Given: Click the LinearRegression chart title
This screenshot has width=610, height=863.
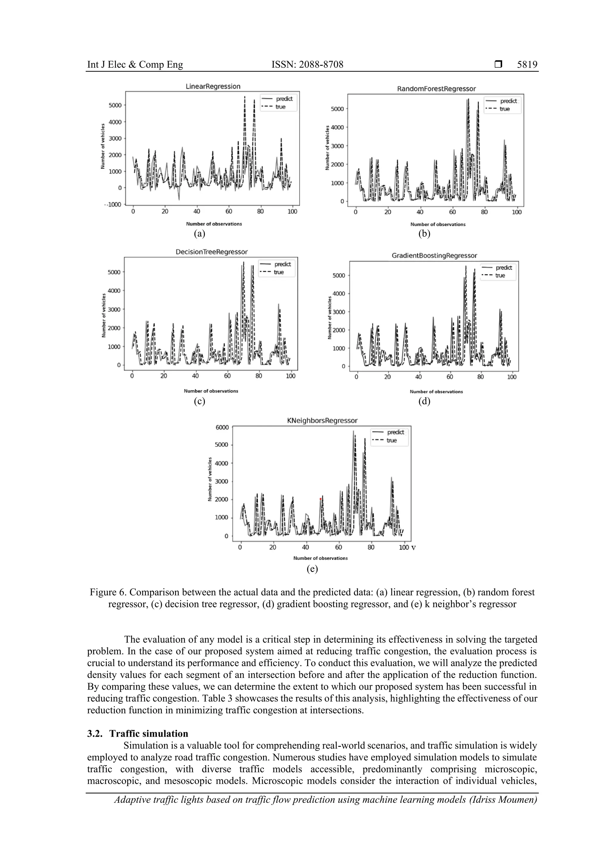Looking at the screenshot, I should point(213,86).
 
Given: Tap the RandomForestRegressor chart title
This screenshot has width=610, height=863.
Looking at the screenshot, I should point(436,89).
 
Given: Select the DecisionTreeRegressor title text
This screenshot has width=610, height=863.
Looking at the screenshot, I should point(211,252).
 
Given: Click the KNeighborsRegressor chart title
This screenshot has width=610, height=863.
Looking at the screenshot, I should point(322,421).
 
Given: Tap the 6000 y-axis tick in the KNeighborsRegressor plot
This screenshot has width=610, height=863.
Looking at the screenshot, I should point(222,427).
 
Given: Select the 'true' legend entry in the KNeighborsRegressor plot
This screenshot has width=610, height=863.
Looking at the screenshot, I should point(391,441).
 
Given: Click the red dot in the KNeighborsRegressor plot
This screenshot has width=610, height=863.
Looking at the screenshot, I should point(320,499).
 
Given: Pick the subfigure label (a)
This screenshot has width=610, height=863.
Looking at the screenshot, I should point(200,234).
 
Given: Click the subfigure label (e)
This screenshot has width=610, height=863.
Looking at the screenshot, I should point(312,569).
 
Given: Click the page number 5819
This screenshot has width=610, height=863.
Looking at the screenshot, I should point(527,65).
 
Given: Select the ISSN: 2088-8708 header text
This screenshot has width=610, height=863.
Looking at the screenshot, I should point(307,65).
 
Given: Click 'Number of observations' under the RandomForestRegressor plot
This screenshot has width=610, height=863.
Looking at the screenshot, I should point(438,224).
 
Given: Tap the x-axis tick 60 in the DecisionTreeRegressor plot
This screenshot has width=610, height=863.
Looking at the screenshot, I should point(227,376).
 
